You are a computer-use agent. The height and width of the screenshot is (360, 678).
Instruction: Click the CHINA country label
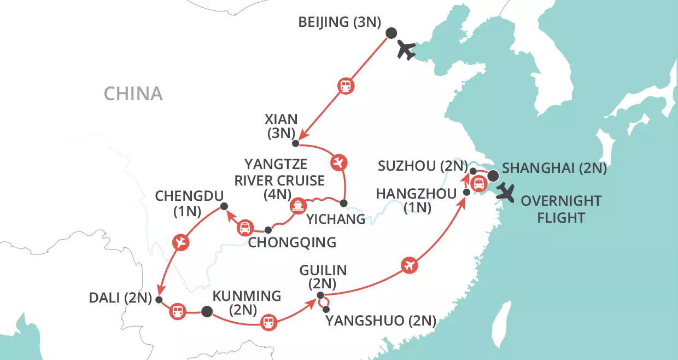coord(133,94)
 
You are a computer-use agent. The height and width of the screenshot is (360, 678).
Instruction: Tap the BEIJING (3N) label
coord(340,23)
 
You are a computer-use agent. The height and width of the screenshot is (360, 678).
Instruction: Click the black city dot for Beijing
coord(391,33)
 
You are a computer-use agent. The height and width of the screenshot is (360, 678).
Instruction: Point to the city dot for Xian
coord(295,144)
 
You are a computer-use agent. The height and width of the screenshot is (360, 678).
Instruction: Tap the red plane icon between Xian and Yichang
coord(338,162)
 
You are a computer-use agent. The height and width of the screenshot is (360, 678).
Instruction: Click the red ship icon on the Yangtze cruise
coord(299,206)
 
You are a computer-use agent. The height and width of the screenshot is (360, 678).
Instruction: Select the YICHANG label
coord(336,220)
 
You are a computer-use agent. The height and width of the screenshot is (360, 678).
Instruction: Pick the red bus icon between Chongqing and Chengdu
coord(246,228)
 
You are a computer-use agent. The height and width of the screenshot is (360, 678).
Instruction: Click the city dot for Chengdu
coord(223,206)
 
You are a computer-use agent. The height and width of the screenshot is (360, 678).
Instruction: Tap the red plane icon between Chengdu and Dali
coord(180,242)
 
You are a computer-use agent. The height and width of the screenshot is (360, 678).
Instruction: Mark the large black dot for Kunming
coord(206,312)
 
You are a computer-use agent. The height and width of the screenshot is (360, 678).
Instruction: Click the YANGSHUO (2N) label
coord(381,321)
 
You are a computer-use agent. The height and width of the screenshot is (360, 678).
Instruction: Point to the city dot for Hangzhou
coord(466,192)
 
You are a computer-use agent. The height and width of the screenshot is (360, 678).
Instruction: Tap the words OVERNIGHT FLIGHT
coord(560,209)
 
